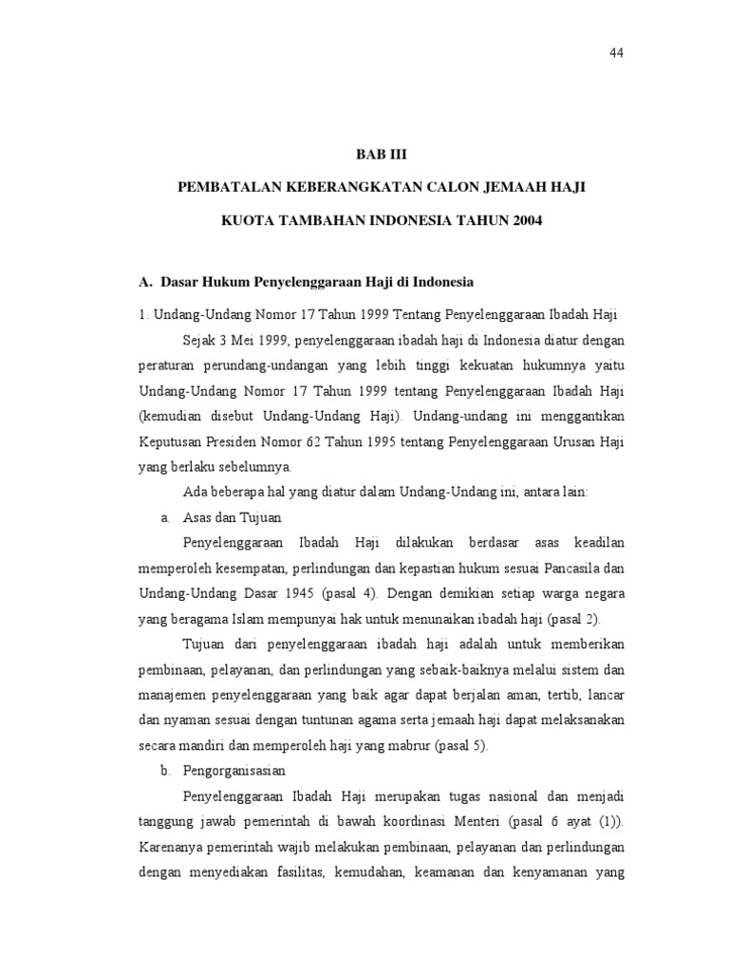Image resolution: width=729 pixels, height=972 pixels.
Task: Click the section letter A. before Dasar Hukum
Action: [145, 283]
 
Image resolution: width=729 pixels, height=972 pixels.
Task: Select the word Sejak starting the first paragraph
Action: [198, 340]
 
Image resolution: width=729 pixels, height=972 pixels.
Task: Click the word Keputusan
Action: [172, 442]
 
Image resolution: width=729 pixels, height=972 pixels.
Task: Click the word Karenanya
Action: [172, 847]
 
